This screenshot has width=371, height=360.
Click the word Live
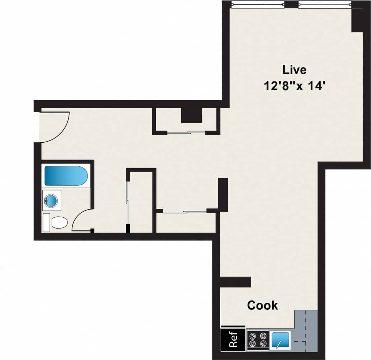click(x=294, y=69)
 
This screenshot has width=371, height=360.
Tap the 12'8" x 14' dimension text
click(x=295, y=87)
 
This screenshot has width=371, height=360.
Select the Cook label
click(x=263, y=305)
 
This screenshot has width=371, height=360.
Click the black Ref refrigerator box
click(x=233, y=339)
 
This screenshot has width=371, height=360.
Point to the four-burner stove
click(x=258, y=340)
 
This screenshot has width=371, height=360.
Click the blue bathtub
click(x=66, y=176)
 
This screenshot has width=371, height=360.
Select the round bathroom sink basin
click(x=51, y=200)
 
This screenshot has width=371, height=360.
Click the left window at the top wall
click(x=258, y=5)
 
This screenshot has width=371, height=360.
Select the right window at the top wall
click(x=324, y=5)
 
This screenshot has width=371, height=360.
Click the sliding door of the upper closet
click(x=186, y=133)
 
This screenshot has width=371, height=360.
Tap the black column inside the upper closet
click(x=192, y=115)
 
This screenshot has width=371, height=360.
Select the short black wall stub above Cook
click(x=235, y=282)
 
